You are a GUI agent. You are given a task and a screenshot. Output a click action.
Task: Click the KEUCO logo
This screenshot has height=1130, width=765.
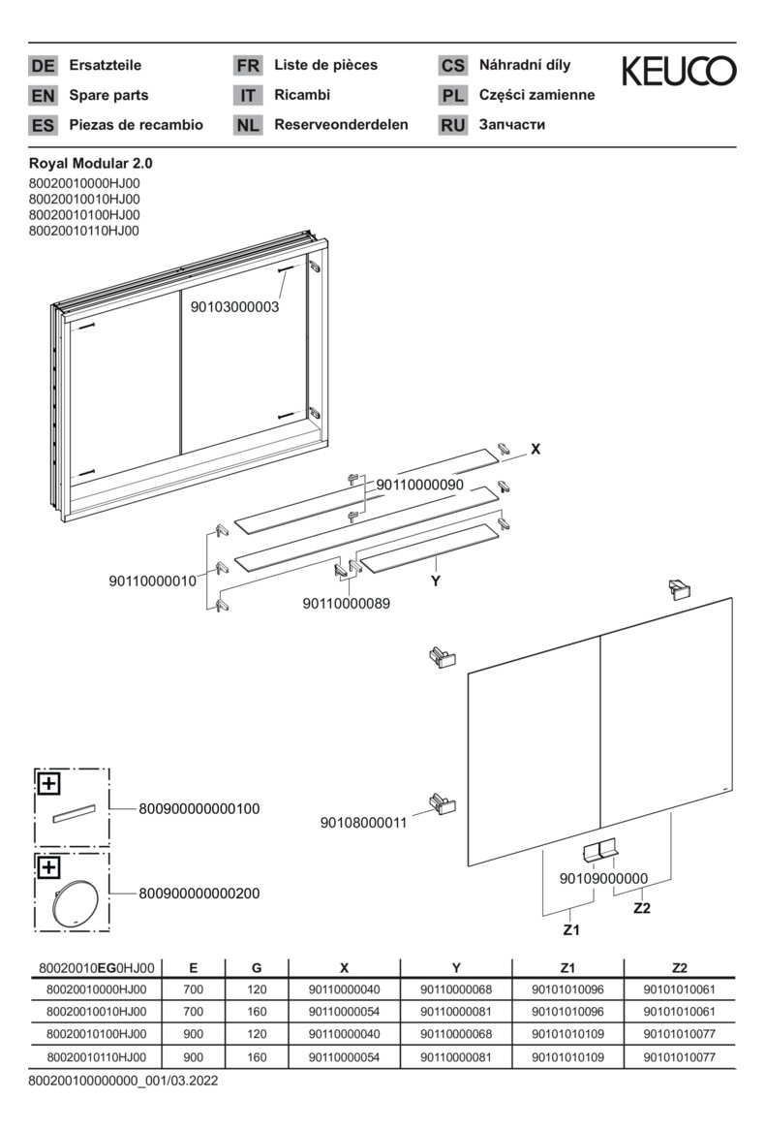[x=678, y=71]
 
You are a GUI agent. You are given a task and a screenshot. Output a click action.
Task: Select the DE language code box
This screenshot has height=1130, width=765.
[x=43, y=66]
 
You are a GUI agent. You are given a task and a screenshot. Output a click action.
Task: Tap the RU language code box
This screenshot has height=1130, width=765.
[x=452, y=125]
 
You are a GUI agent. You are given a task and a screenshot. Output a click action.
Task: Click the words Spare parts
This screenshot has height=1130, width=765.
[x=108, y=95]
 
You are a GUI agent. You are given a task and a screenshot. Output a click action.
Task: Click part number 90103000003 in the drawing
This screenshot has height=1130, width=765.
[x=235, y=307]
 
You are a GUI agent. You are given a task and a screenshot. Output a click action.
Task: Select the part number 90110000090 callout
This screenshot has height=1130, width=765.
[x=420, y=484]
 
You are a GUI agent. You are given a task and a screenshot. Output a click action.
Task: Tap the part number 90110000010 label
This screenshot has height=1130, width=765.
[x=152, y=581]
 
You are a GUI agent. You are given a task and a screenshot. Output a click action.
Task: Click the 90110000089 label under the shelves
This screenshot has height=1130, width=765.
[x=347, y=604]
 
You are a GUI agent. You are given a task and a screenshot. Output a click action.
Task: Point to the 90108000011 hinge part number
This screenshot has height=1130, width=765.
[x=364, y=823]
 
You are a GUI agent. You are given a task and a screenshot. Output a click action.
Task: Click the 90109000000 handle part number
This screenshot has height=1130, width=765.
[x=603, y=878]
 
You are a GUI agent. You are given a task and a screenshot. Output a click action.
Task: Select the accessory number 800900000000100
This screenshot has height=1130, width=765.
[x=199, y=808]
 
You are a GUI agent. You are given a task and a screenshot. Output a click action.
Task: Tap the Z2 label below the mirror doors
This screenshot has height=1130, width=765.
[x=641, y=908]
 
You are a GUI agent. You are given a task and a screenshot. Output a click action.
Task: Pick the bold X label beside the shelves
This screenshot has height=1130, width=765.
[x=535, y=450]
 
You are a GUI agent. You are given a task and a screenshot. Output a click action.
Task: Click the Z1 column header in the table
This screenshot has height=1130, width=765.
[x=567, y=967]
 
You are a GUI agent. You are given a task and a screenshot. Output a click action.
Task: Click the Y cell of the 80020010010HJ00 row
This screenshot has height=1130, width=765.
[x=456, y=1012]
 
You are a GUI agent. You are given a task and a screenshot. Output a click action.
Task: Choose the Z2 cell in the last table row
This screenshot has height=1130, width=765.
[x=680, y=1057]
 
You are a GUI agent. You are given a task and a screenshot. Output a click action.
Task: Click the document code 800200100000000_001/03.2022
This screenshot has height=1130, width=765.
[x=123, y=1080]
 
